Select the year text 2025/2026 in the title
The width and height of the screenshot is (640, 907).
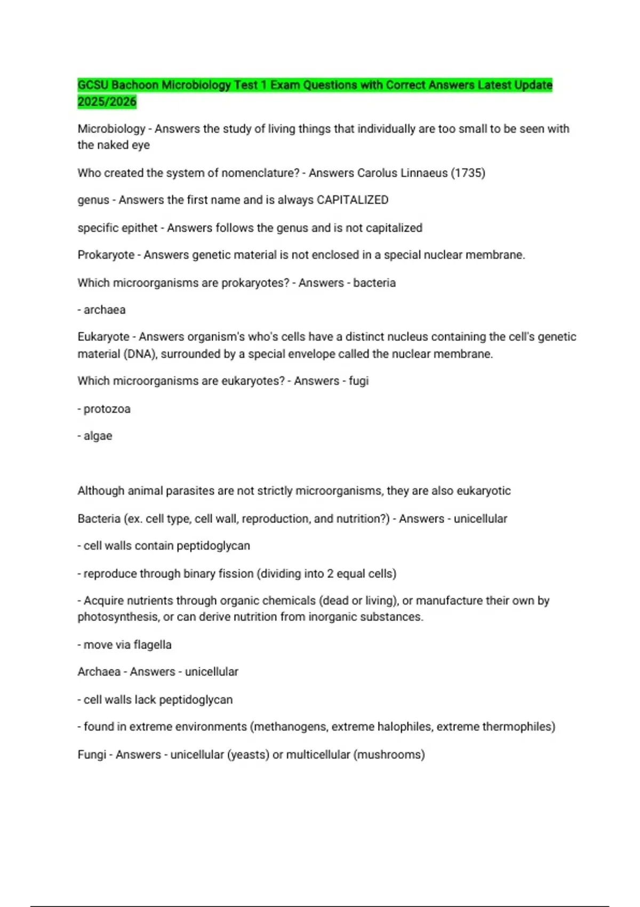click(x=107, y=101)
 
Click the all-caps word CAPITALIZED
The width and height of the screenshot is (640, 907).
click(x=353, y=200)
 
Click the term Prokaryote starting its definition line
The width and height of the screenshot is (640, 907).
click(x=106, y=255)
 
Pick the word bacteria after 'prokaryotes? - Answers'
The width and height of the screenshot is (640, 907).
click(x=374, y=283)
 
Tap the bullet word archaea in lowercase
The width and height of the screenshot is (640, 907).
click(x=105, y=310)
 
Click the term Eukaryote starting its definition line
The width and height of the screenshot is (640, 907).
click(x=103, y=337)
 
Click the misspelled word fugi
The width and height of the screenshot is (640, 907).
click(x=358, y=381)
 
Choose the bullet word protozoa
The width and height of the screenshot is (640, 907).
click(x=107, y=409)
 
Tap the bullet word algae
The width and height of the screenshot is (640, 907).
click(x=98, y=436)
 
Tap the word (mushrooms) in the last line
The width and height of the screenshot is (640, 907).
click(x=389, y=754)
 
